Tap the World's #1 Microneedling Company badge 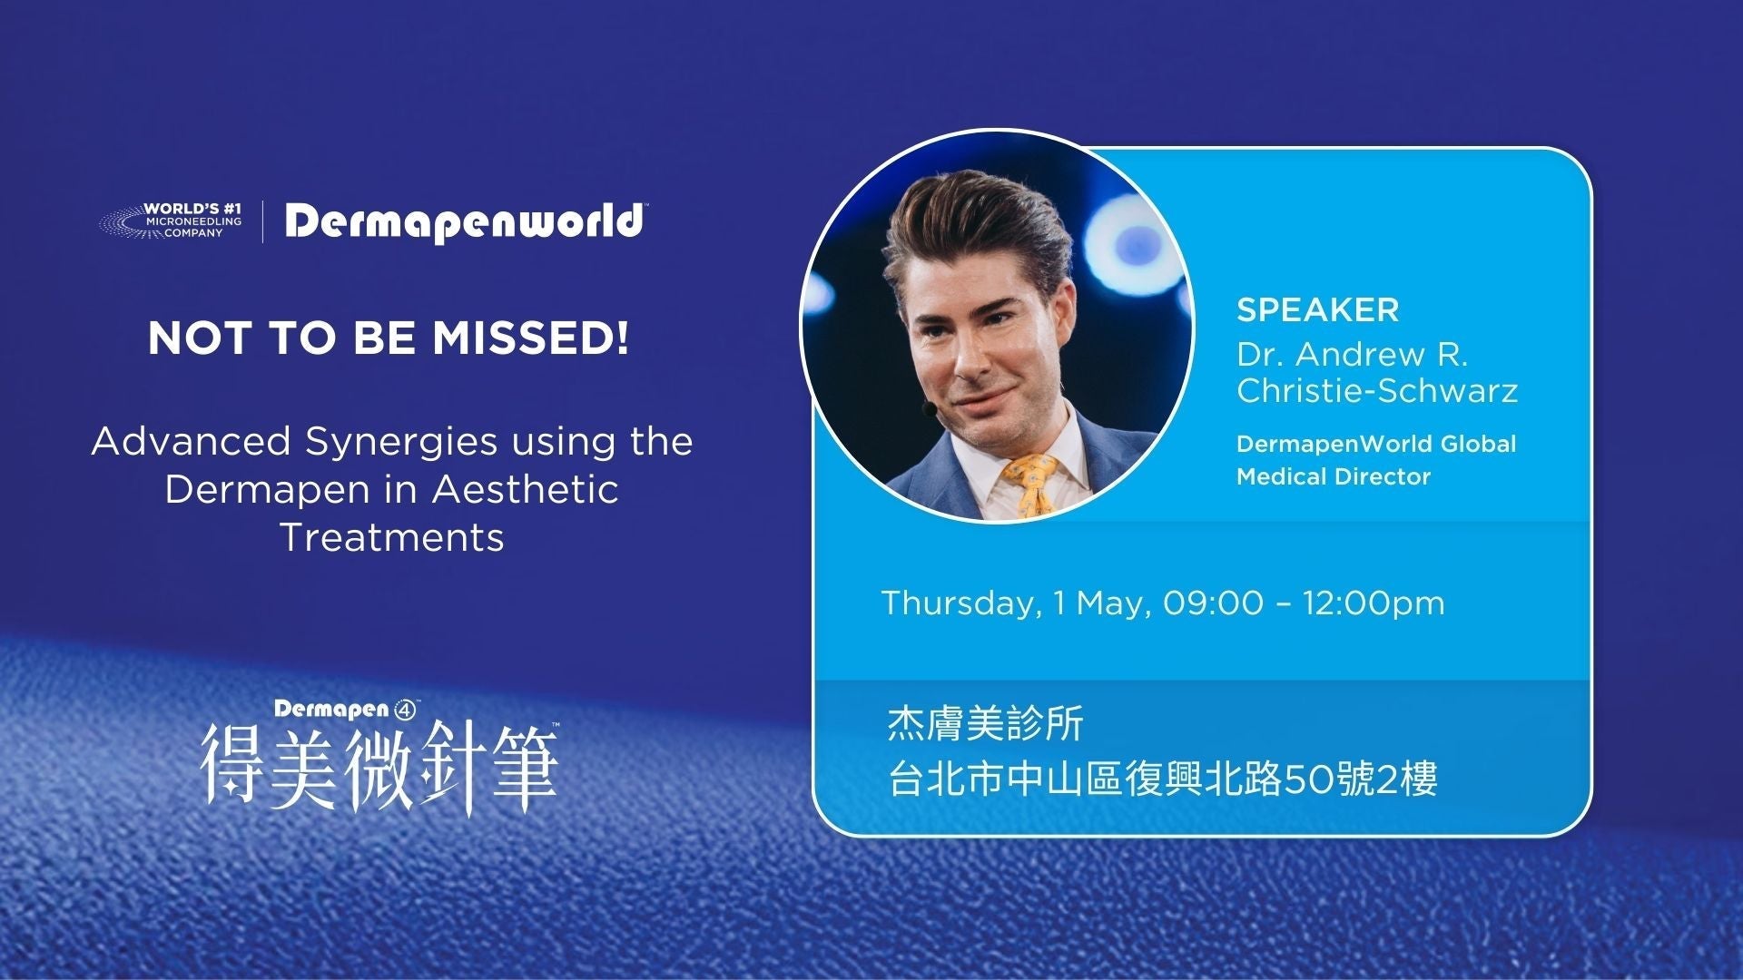[x=172, y=220]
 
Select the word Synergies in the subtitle [x=401, y=442]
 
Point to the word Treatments [x=392, y=537]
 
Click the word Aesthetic [x=526, y=490]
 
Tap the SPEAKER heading [x=1317, y=310]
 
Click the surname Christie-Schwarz [x=1376, y=390]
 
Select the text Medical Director [x=1333, y=476]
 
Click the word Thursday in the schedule [x=960, y=603]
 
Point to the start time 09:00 [x=1213, y=603]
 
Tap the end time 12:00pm [x=1374, y=603]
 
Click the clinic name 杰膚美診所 [x=985, y=724]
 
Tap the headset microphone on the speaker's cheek [x=929, y=410]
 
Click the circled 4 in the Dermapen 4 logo [x=405, y=710]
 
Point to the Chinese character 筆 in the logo [x=524, y=767]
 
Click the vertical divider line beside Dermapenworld [x=263, y=221]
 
